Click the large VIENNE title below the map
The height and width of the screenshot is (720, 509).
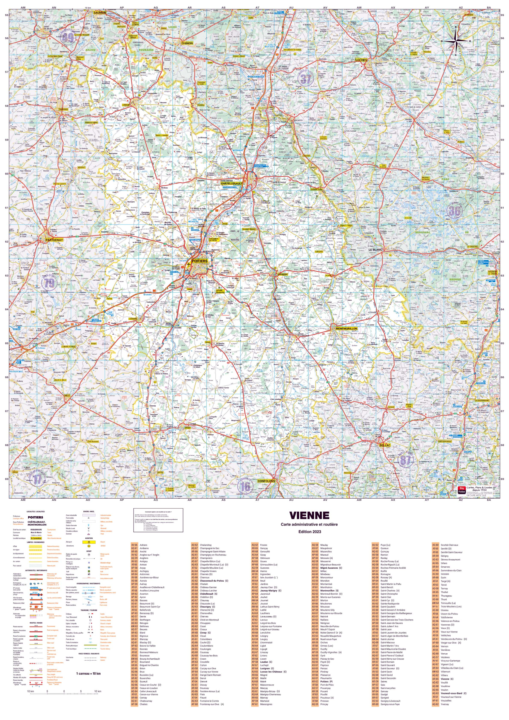pyautogui.click(x=309, y=516)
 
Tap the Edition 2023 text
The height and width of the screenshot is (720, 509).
pyautogui.click(x=309, y=532)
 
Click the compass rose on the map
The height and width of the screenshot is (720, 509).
pyautogui.click(x=456, y=41)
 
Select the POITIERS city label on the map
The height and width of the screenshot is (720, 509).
pyautogui.click(x=199, y=261)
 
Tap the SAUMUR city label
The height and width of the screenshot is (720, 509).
pyautogui.click(x=100, y=13)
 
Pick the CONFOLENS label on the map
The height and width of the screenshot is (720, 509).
pyautogui.click(x=266, y=481)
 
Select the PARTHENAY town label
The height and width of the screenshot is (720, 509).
pyautogui.click(x=54, y=240)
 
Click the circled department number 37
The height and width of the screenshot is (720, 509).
pyautogui.click(x=306, y=79)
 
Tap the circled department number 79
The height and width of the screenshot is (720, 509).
pyautogui.click(x=49, y=283)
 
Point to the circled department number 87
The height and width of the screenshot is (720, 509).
pyautogui.click(x=405, y=460)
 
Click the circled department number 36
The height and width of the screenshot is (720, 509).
pyautogui.click(x=454, y=210)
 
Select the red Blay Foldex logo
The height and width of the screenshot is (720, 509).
pyautogui.click(x=461, y=490)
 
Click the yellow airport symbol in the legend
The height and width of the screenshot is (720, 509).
pyautogui.click(x=89, y=542)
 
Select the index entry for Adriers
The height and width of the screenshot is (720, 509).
pyautogui.click(x=143, y=545)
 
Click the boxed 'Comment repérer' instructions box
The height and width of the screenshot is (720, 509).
pyautogui.click(x=158, y=520)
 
